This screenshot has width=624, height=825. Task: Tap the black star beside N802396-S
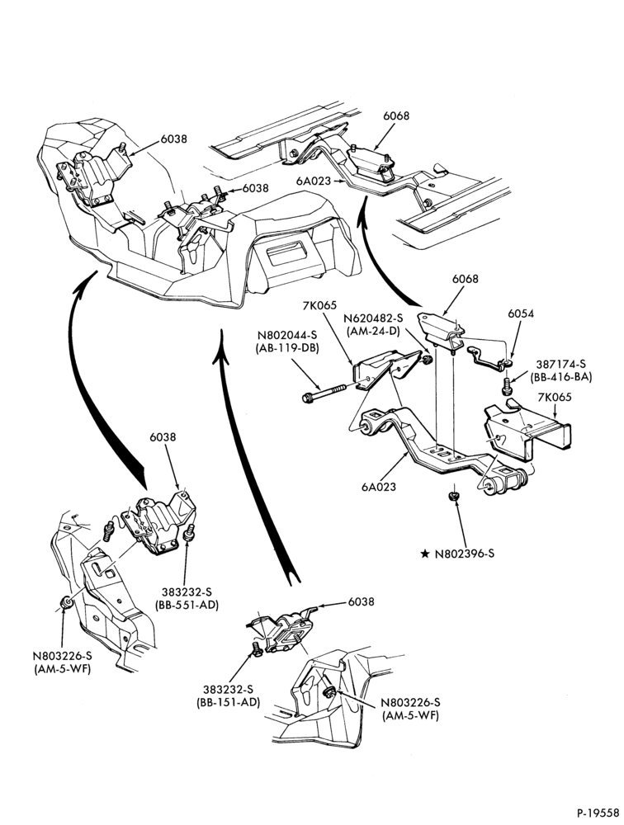click(425, 554)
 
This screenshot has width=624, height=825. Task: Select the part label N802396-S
click(465, 554)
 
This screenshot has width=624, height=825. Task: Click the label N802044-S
click(288, 335)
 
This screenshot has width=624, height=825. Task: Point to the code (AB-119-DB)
click(288, 348)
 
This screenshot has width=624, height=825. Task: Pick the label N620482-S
click(372, 318)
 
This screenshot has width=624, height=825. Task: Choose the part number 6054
click(521, 313)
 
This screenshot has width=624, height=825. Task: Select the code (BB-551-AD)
click(187, 605)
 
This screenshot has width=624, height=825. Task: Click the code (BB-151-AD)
click(229, 702)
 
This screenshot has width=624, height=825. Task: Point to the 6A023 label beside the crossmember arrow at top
click(314, 181)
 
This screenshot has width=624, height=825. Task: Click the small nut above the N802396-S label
click(451, 496)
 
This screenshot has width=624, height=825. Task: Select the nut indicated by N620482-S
click(428, 360)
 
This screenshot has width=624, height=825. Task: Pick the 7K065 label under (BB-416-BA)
click(554, 398)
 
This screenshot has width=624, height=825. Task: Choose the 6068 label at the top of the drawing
click(396, 115)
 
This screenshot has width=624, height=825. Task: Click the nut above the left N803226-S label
click(65, 603)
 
